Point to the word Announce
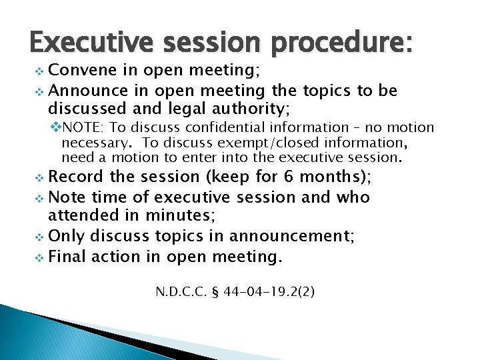click(x=84, y=89)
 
